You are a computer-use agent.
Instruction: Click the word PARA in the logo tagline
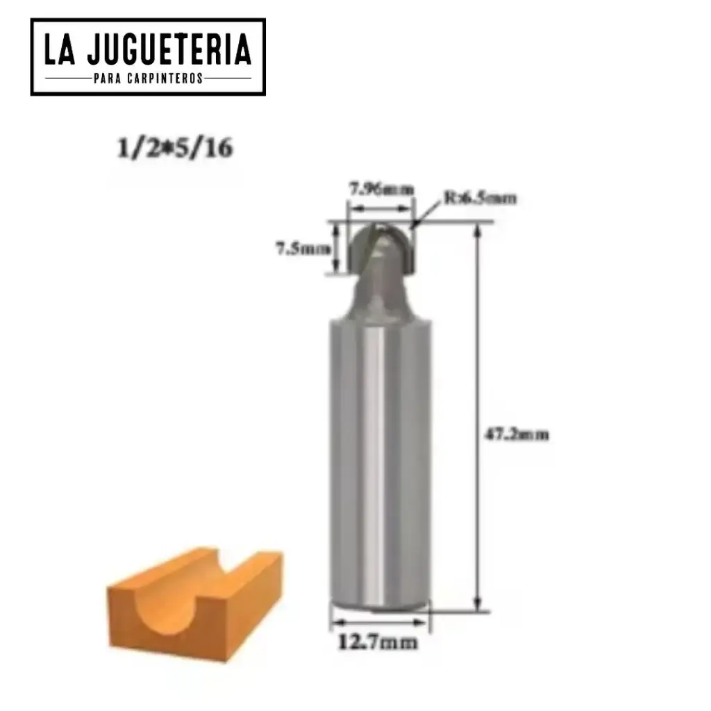coord(108,78)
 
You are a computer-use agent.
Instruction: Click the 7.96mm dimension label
coord(381,188)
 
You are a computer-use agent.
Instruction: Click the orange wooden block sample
coord(194,603)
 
